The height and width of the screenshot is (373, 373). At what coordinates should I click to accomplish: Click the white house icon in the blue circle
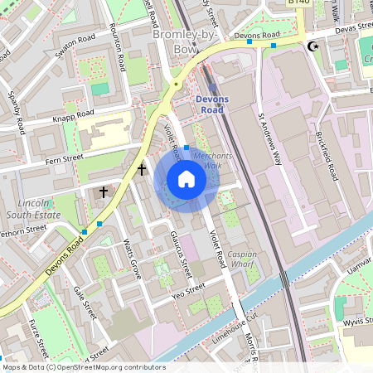[x=186, y=179]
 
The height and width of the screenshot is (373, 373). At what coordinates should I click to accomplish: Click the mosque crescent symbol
[x=313, y=46]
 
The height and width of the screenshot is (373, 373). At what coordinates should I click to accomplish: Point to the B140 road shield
[x=298, y=3]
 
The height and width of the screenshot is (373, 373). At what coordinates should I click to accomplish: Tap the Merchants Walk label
[x=203, y=161]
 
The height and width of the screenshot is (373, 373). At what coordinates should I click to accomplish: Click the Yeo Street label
[x=187, y=290]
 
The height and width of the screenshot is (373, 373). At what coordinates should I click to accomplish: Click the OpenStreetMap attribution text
[x=83, y=367]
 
